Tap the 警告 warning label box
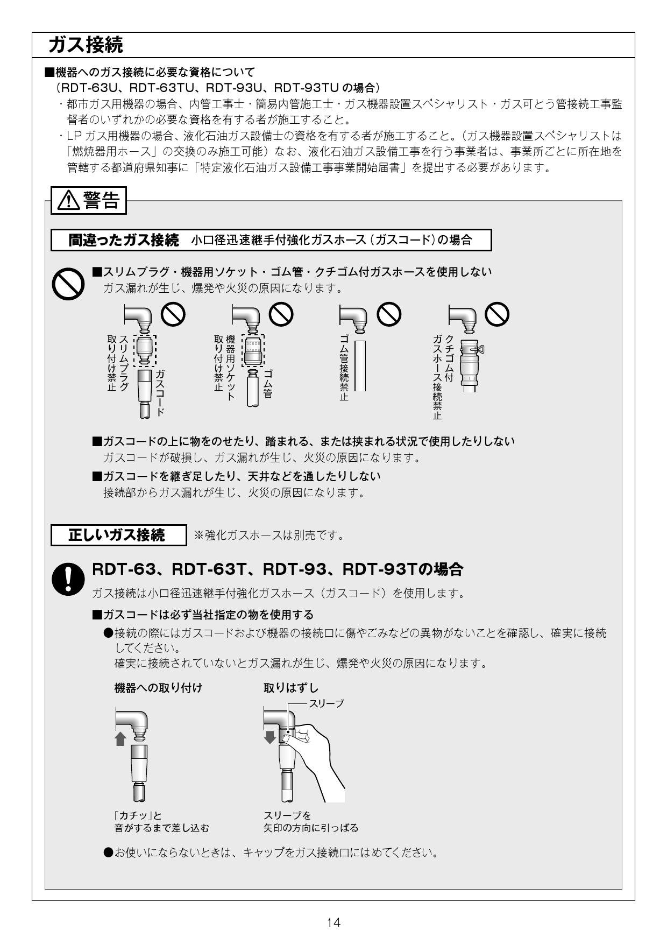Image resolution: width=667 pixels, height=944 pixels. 89,201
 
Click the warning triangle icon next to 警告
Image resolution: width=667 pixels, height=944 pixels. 66,201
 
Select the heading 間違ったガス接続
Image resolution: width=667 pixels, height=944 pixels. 124,240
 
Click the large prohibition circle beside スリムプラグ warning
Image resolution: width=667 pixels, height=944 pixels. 68,284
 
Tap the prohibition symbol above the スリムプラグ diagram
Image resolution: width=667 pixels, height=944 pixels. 173,314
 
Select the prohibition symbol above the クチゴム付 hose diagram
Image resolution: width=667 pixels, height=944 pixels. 497,314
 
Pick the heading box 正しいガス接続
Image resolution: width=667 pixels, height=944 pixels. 118,535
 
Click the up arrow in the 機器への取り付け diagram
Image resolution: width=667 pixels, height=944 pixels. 121,738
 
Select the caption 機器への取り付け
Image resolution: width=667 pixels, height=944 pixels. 158,688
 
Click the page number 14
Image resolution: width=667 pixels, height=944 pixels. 334,922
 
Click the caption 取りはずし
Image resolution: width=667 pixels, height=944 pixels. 291,688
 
